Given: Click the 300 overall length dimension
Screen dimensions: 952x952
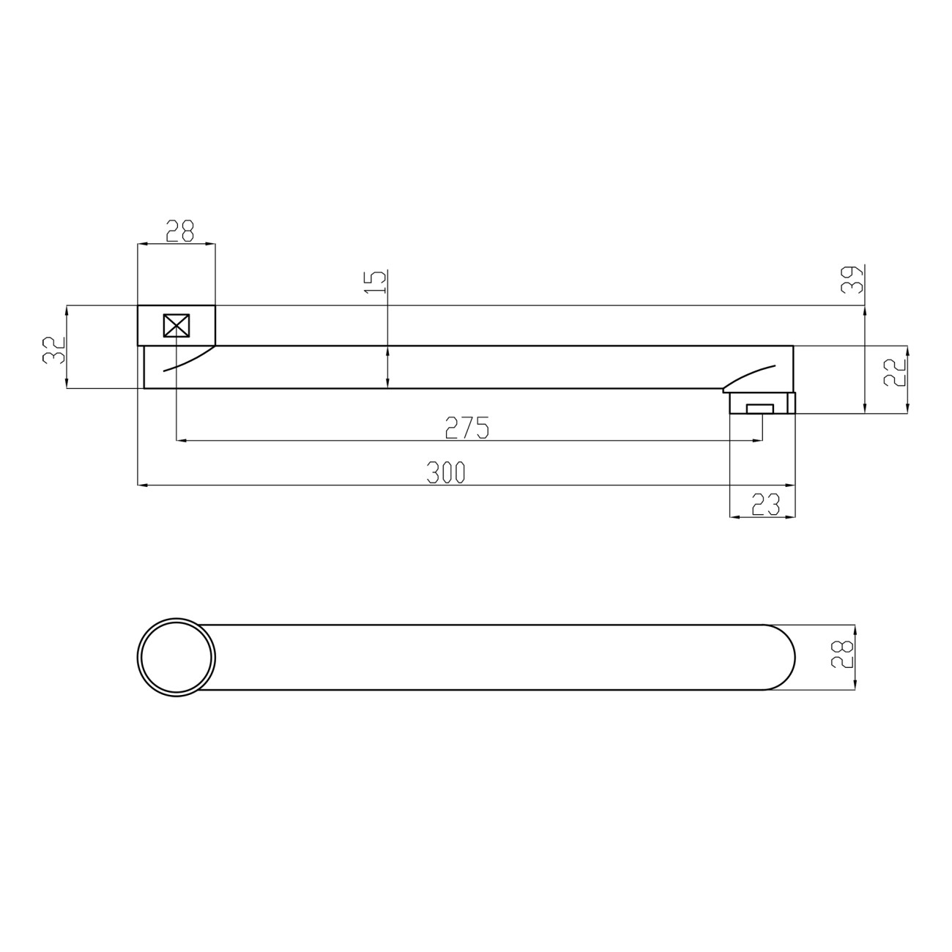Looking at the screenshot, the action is (446, 472).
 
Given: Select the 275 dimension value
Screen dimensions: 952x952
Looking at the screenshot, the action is (467, 428).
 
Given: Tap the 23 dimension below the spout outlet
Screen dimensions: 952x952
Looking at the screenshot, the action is (765, 505).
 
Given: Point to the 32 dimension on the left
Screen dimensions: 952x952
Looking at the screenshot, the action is (54, 350).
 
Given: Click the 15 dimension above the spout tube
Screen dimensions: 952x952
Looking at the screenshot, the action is (376, 282).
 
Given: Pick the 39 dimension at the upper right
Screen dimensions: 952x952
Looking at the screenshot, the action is (852, 280).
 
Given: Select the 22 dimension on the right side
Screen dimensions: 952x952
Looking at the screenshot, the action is (895, 371).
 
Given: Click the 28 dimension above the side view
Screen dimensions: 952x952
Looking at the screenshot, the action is (180, 231).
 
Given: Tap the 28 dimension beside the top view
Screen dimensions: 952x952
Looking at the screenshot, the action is (842, 655).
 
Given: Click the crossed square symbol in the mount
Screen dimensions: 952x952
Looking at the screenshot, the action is (176, 326).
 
